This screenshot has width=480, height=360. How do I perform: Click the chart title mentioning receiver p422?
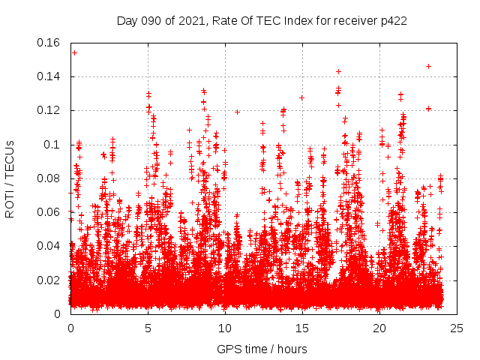(262, 21)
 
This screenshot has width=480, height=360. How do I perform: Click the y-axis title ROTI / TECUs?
(10, 178)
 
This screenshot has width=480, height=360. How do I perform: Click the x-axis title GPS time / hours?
(262, 349)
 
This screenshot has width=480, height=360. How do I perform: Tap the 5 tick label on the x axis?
(148, 328)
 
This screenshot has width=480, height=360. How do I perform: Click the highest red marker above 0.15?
(74, 52)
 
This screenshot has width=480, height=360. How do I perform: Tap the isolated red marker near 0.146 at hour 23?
(428, 66)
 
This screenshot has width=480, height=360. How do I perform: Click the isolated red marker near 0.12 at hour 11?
(238, 112)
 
